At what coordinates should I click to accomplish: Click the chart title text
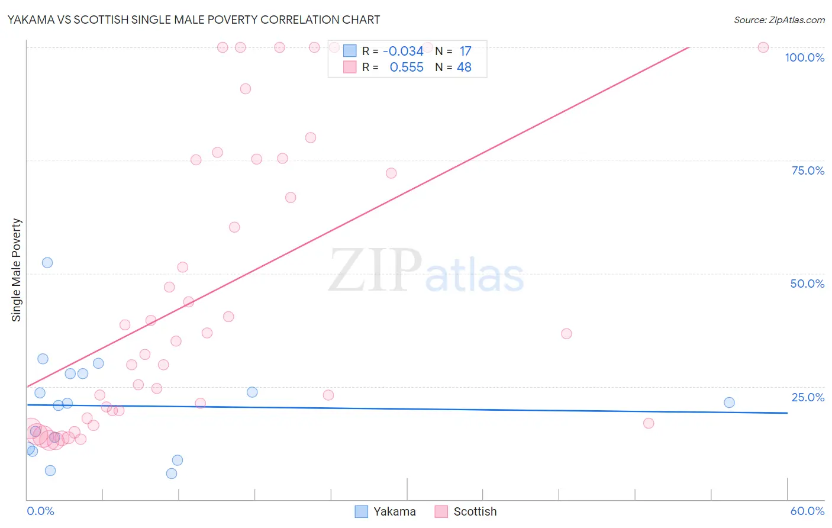[194, 20]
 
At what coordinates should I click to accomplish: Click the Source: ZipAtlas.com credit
[779, 20]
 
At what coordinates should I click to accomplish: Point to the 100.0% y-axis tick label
[804, 57]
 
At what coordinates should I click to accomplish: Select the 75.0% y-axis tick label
[808, 170]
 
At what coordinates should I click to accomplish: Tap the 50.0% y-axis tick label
[807, 284]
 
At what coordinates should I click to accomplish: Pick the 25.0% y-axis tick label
[808, 397]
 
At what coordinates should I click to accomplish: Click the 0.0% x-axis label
[40, 511]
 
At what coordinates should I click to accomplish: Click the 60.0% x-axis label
[807, 511]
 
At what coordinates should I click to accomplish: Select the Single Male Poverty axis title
[17, 270]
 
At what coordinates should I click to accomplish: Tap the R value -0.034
[403, 51]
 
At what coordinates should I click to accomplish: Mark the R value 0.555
[407, 67]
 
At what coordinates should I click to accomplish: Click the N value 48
[464, 67]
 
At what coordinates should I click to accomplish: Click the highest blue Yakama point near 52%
[47, 263]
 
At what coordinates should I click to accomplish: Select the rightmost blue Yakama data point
[729, 403]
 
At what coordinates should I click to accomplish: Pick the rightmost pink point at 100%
[763, 47]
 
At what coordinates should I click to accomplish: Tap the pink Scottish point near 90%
[246, 89]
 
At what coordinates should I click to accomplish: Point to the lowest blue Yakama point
[172, 474]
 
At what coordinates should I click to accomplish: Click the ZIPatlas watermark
[426, 271]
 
